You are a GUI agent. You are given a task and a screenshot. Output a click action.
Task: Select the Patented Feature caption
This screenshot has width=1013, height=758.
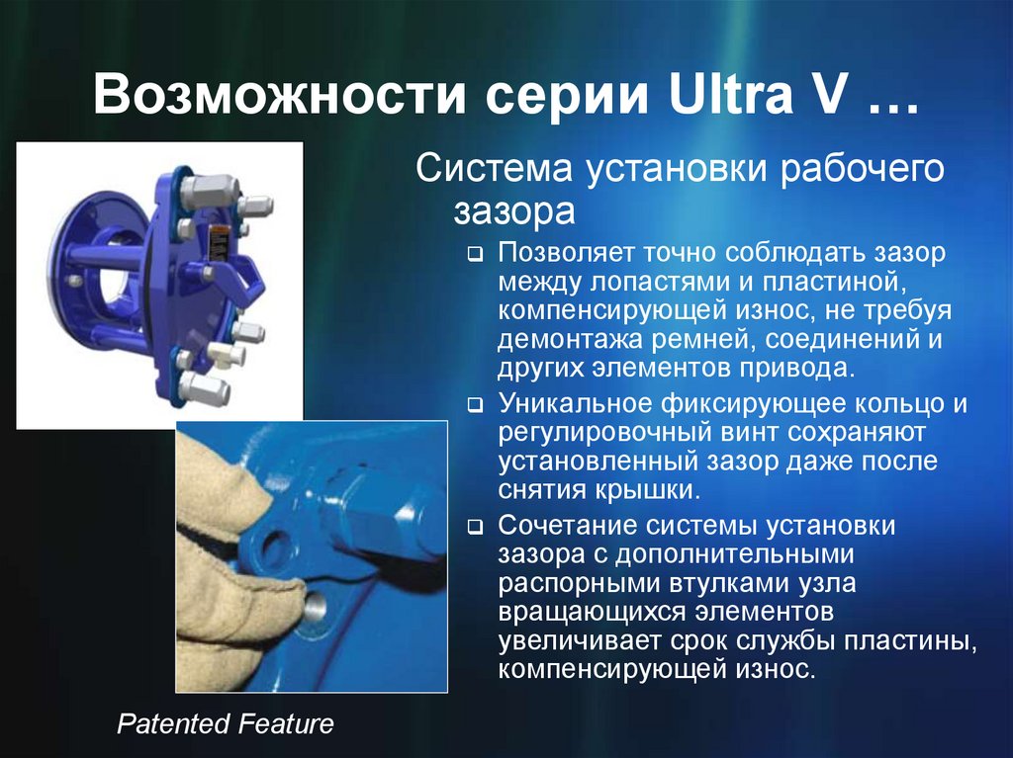(x=226, y=724)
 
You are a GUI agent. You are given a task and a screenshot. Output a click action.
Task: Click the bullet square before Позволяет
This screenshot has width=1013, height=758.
(x=476, y=255)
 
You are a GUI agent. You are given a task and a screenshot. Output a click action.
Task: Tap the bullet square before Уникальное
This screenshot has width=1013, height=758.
(x=476, y=406)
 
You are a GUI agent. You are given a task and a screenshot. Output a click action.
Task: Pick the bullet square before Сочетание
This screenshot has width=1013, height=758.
(x=476, y=527)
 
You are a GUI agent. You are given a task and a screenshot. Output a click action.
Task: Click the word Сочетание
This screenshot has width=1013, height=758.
(x=564, y=525)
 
